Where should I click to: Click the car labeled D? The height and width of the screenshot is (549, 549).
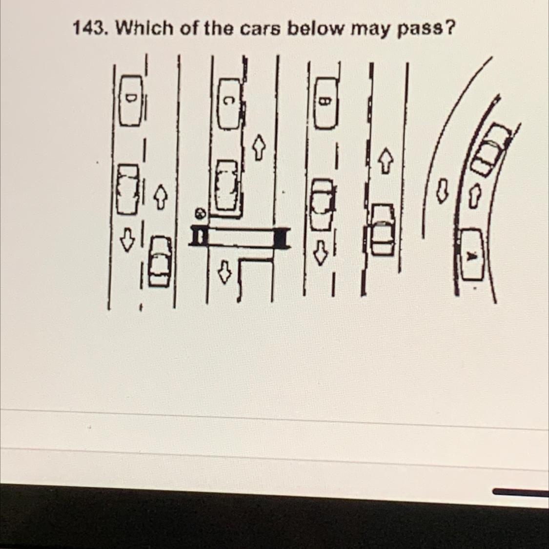[x=131, y=100]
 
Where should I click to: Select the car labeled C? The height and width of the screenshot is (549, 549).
[x=230, y=103]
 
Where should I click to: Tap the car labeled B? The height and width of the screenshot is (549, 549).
[x=327, y=103]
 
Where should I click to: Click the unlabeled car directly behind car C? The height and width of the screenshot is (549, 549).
[x=226, y=185]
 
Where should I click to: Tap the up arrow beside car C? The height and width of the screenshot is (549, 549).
[x=258, y=147]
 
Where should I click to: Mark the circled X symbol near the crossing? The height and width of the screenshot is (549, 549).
[x=200, y=213]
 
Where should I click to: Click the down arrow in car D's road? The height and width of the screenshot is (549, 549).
[x=127, y=240]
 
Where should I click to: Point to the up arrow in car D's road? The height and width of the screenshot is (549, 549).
[x=160, y=197]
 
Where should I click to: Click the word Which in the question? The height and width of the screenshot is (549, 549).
[x=144, y=28]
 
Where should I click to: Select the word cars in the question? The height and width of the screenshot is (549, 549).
[x=260, y=29]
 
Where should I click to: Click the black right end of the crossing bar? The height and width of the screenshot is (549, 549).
[x=282, y=237]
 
